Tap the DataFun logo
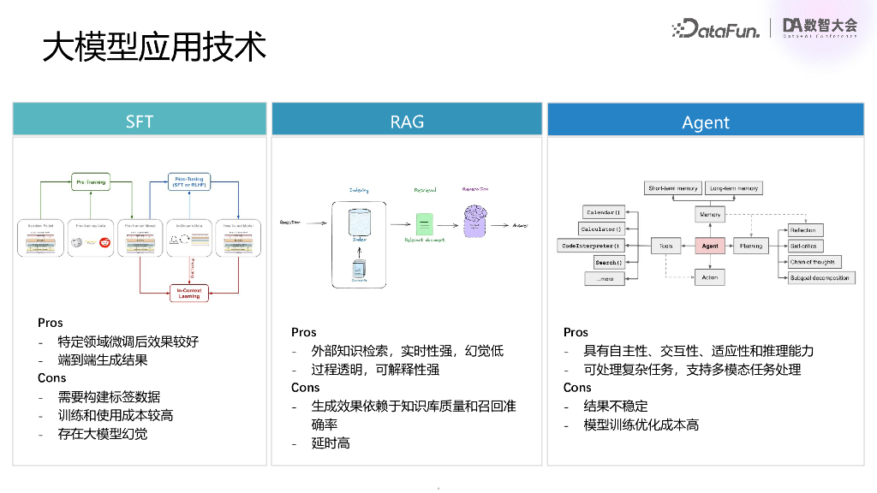719,28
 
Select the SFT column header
140,121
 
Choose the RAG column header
407,121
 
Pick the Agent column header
706,122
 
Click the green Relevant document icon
421,226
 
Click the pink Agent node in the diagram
710,246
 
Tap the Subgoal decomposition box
820,277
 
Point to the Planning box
750,246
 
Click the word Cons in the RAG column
305,388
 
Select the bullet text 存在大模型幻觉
103,434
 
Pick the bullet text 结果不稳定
616,407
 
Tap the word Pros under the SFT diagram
51,323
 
